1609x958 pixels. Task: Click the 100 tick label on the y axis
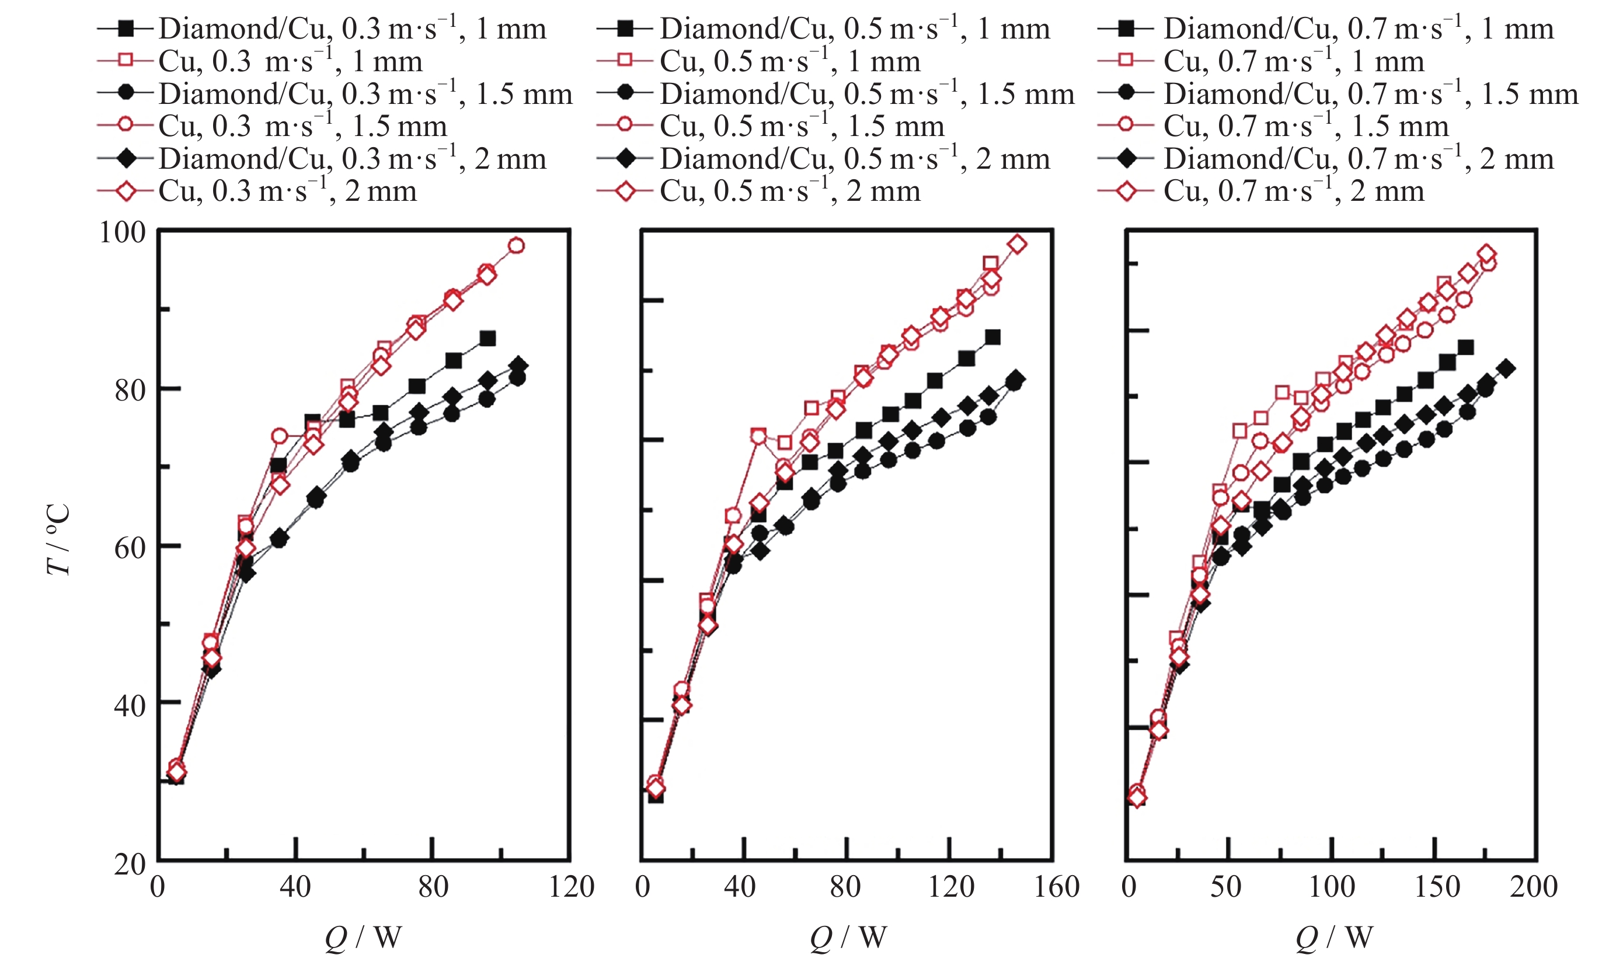tap(122, 232)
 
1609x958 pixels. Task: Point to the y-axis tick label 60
tap(129, 547)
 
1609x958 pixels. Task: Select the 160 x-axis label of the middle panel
tap(1056, 887)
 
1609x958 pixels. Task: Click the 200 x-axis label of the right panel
tap(1533, 887)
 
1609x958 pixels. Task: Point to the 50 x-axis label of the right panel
tap(1225, 887)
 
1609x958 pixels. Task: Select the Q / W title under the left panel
tap(363, 938)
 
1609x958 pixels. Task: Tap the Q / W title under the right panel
tap(1333, 938)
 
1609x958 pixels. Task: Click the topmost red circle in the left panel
tap(516, 245)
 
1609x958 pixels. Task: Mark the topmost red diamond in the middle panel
tap(1017, 244)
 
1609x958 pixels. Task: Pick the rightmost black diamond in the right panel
tap(1506, 368)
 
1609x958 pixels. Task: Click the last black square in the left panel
tap(488, 338)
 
